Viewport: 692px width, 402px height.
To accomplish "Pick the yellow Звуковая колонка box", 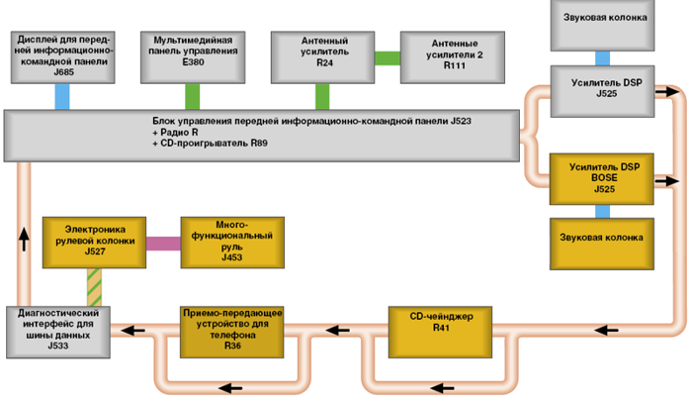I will pyautogui.click(x=602, y=238).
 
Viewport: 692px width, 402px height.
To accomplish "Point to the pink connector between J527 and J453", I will pyautogui.click(x=162, y=242).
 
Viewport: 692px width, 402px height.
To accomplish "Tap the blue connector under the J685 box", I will pyautogui.click(x=62, y=96).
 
